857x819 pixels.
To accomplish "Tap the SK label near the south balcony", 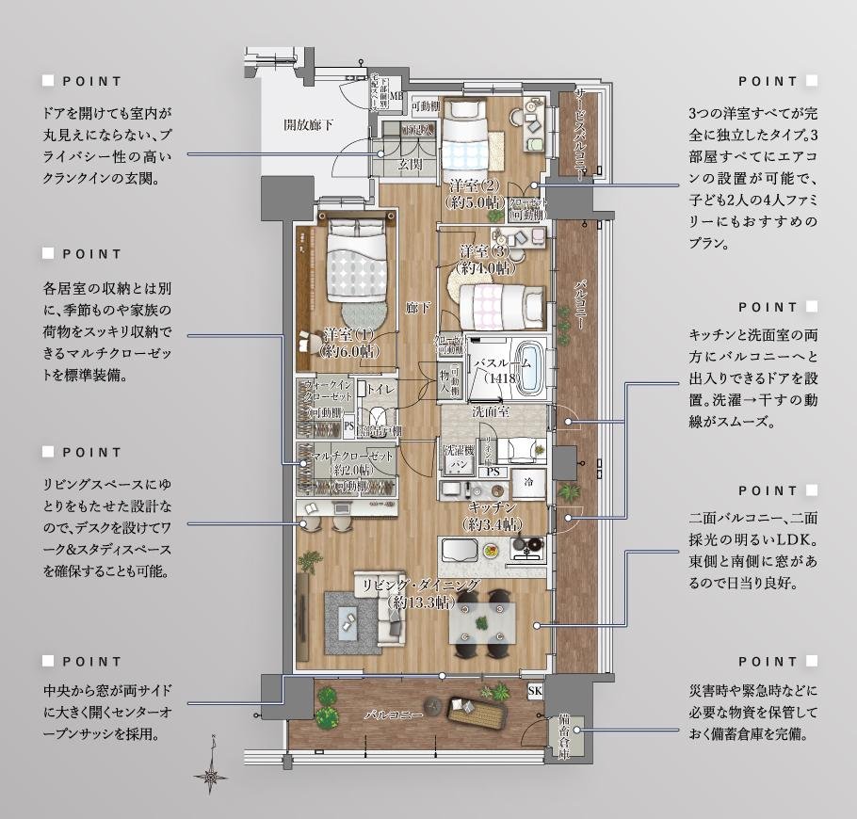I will coord(535,692).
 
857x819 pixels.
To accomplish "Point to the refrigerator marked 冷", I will coord(521,480).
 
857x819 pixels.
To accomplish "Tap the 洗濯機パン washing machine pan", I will coord(459,458).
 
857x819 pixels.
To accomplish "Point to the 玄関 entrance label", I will coord(410,164).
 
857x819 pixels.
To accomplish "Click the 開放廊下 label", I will coord(310,124).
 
